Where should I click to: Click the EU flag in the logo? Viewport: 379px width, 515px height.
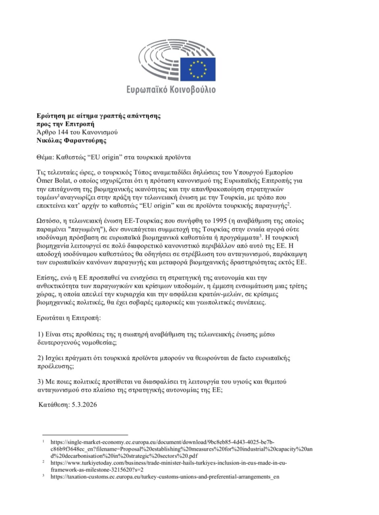(x=202, y=69)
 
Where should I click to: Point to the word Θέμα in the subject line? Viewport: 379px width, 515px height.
(x=48, y=157)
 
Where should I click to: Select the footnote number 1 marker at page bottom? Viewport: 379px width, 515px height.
(x=44, y=440)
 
